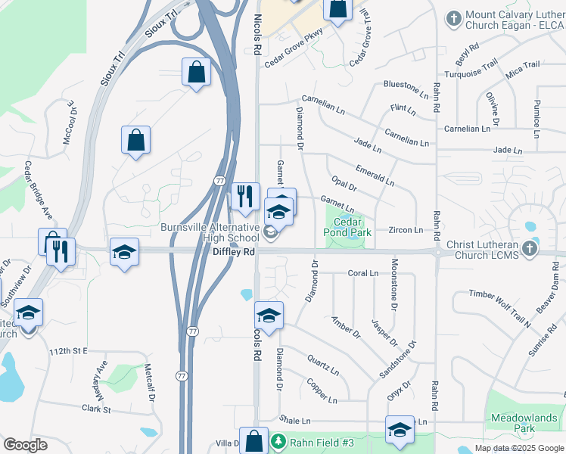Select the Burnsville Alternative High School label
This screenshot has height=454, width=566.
coord(210,232)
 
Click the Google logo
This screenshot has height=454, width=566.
coord(25,444)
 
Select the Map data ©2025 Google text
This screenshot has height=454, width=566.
coord(519,448)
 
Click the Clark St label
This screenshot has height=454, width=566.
coord(97,409)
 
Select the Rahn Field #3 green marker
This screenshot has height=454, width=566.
coord(278,440)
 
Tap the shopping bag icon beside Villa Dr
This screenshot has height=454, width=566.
coord(256,440)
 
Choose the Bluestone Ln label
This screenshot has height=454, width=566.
coord(406,86)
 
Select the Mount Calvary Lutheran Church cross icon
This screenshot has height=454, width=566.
coord(454,19)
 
